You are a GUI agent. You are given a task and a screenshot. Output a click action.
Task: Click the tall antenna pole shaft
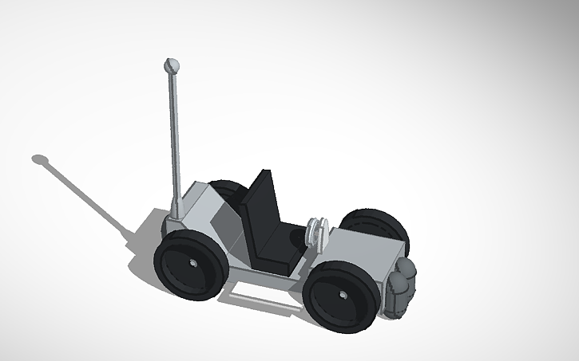point(173,135)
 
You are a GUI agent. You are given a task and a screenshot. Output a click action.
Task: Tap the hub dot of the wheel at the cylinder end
point(344,296)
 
